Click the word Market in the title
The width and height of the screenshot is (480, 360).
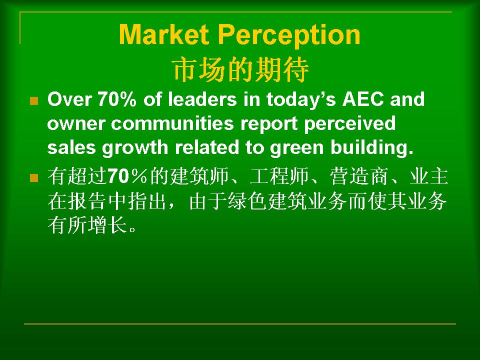(x=164, y=34)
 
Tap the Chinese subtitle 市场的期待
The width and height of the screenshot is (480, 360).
(x=240, y=69)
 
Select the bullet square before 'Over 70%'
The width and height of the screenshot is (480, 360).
(x=34, y=100)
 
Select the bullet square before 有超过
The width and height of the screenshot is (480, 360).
(x=34, y=178)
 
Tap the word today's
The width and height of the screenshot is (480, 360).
(x=301, y=100)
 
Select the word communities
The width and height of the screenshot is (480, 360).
(x=172, y=123)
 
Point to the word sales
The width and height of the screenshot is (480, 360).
(x=71, y=147)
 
